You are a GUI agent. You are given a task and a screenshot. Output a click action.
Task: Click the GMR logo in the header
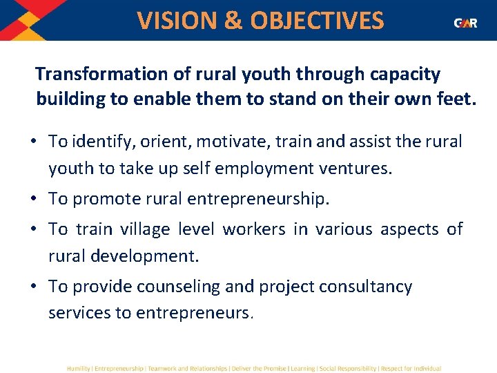click(x=465, y=23)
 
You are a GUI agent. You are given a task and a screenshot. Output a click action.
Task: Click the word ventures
click(x=360, y=167)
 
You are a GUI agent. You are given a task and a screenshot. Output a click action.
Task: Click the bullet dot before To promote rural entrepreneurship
click(x=34, y=199)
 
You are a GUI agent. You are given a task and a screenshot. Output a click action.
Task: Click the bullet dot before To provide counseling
click(x=34, y=286)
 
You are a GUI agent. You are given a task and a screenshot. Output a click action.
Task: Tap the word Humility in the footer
click(x=78, y=369)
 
